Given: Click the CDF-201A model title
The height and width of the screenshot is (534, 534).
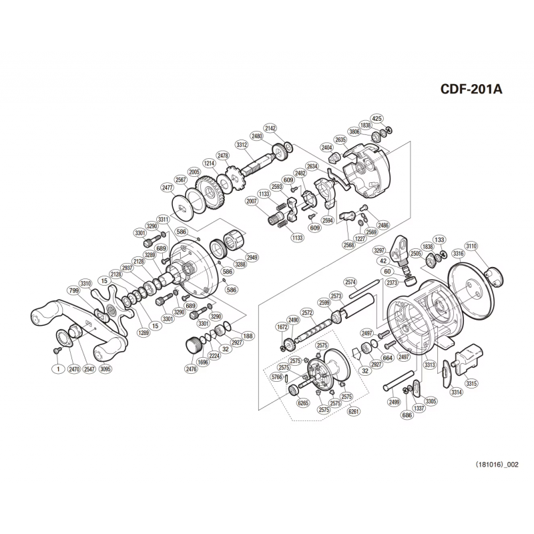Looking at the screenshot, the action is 471,89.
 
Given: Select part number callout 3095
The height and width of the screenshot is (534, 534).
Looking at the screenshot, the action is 105,369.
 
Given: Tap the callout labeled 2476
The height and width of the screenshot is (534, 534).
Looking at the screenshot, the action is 192,369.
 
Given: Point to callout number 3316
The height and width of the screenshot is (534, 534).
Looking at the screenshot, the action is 458,254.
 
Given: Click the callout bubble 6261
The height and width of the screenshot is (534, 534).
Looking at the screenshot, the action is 354,411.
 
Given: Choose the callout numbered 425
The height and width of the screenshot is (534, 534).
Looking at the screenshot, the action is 376,119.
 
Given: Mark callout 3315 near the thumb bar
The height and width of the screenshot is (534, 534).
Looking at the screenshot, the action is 472,383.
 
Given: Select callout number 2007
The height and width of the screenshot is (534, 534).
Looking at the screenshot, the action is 252,202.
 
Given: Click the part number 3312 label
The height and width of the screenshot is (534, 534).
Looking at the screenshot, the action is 242,144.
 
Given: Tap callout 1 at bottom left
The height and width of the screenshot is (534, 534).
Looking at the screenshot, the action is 58,369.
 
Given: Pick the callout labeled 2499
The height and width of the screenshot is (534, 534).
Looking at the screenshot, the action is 394,403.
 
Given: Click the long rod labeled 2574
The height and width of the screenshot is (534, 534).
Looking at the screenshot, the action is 363,289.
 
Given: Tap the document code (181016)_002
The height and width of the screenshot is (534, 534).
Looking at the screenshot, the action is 497,465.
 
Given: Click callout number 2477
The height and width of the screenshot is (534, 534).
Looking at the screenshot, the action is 168,188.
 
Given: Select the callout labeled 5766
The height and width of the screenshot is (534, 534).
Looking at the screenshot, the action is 277,377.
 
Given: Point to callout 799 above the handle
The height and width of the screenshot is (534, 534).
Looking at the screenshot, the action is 74,290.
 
